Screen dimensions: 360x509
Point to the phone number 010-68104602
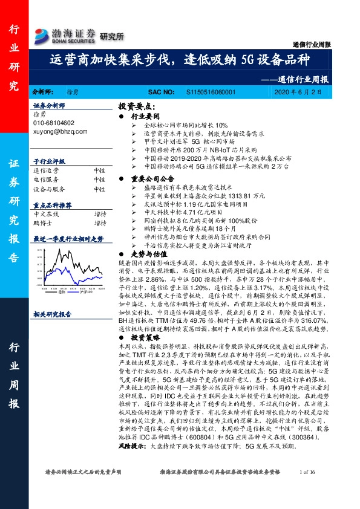pyautogui.click(x=54, y=123)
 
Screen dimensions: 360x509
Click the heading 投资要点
pyautogui.click(x=138, y=105)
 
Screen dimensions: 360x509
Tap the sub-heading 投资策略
pyautogui.click(x=145, y=337)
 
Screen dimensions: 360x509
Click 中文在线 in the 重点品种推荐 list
pyautogui.click(x=46, y=214)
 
